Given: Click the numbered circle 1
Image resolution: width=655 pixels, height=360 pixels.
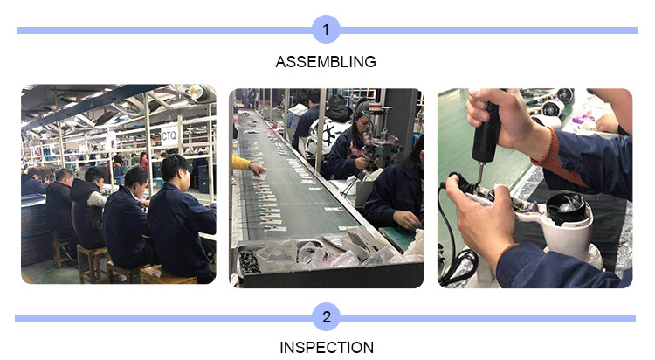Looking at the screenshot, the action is click(x=326, y=29).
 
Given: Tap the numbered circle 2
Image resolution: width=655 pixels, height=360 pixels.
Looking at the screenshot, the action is click(x=327, y=316).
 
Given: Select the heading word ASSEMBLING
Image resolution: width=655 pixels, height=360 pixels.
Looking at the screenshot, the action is click(x=326, y=62).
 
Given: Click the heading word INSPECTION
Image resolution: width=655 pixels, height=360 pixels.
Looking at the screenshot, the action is click(x=327, y=348).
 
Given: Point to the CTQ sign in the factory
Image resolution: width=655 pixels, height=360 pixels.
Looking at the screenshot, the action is click(x=169, y=135).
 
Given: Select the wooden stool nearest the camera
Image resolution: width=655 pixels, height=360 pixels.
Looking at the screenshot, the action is click(x=168, y=275).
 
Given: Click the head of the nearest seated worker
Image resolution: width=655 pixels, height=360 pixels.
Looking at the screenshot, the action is click(x=176, y=169).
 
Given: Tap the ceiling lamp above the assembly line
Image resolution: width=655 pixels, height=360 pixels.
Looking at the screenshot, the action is click(x=196, y=93).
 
